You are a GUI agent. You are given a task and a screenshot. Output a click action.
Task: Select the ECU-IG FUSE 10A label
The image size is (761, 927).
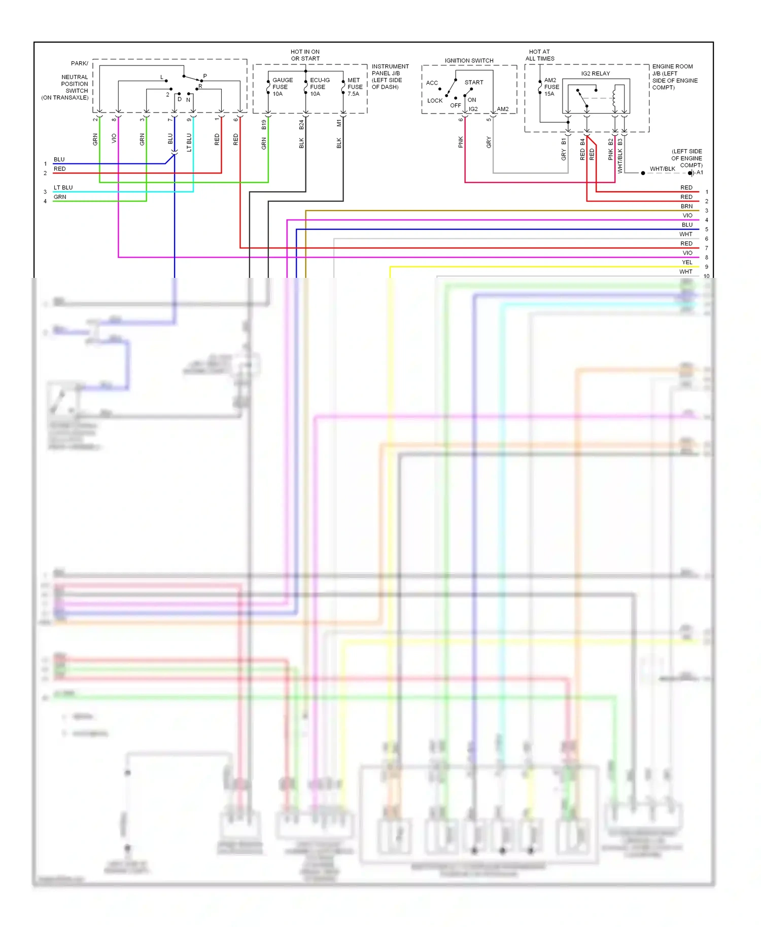point(319,87)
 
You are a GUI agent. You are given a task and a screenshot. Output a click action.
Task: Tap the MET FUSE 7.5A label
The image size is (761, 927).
point(355,87)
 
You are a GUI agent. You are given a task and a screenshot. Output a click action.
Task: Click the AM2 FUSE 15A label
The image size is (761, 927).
point(551,87)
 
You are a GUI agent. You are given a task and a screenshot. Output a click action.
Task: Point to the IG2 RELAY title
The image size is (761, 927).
point(595,74)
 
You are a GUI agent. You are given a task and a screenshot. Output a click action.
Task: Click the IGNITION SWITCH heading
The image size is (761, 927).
point(469,60)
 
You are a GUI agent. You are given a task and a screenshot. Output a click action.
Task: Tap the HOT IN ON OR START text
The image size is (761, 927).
point(305,55)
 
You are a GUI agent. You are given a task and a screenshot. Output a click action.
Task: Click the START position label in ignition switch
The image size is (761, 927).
point(474,82)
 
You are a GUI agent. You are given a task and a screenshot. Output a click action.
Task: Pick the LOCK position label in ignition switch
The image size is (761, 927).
point(435,100)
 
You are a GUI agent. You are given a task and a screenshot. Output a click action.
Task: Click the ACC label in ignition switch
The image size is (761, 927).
point(432,83)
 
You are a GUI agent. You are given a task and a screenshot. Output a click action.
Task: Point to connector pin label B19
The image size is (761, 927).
point(264,125)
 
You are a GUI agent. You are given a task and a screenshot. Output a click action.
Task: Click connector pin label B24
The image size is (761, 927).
point(301,125)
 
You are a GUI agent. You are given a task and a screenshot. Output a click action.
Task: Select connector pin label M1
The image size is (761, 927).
point(339,123)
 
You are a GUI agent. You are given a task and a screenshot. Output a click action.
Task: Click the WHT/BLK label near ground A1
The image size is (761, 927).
point(662,169)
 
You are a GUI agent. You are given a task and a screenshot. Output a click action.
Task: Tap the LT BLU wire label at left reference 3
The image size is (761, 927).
point(63,188)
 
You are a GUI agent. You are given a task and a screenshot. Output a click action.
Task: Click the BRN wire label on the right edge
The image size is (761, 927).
point(686,206)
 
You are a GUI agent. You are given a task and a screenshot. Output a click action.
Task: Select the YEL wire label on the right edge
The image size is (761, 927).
point(687,262)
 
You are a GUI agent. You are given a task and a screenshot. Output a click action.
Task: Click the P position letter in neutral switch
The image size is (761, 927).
point(205,76)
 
